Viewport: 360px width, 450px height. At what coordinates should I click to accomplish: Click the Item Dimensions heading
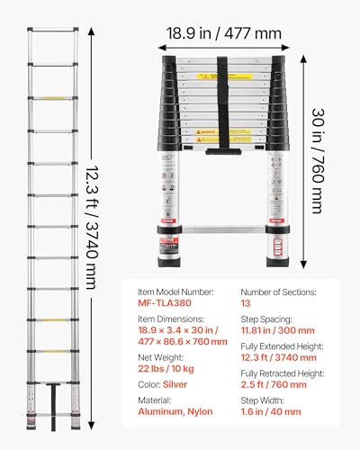[x=168, y=322]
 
